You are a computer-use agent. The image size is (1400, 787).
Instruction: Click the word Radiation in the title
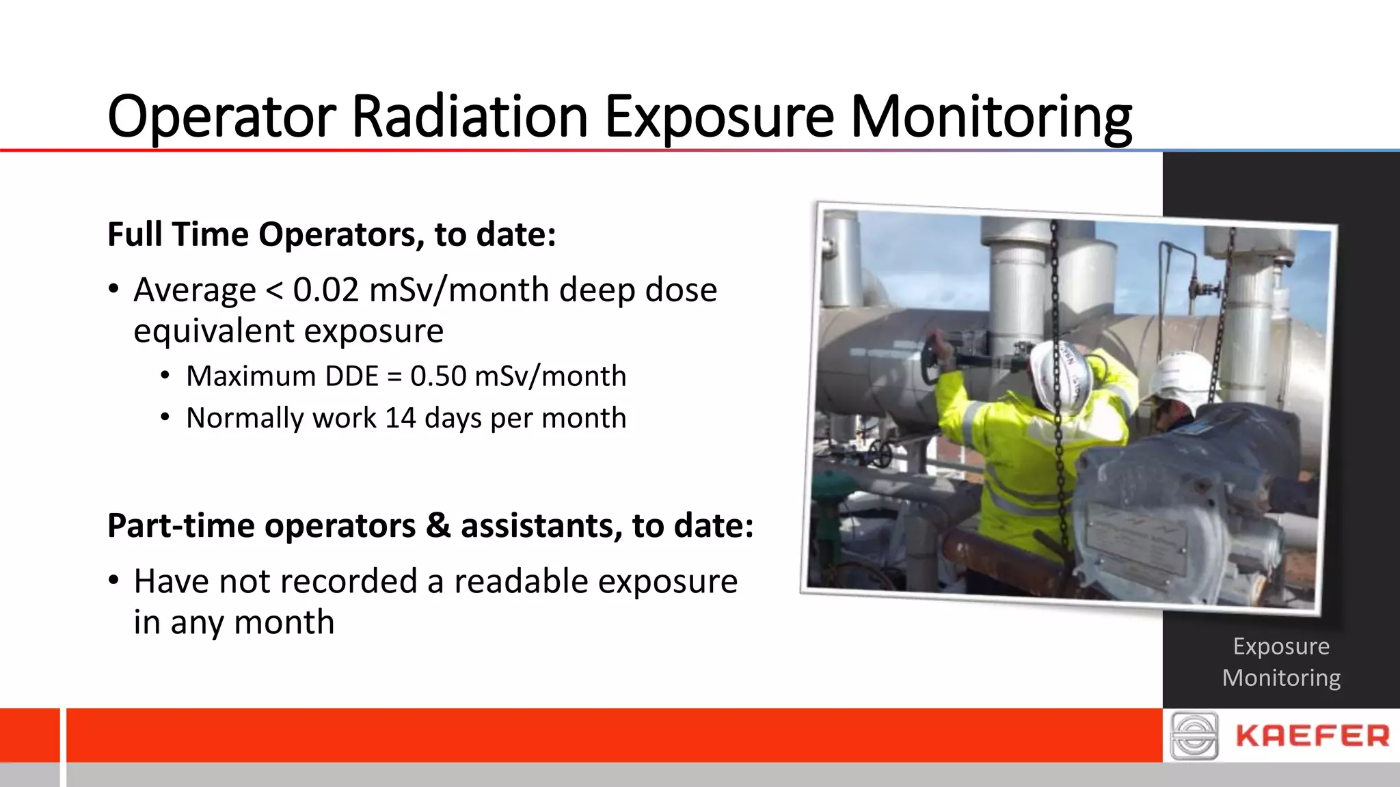tap(469, 116)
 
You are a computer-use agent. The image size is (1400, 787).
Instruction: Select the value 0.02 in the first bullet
tap(325, 290)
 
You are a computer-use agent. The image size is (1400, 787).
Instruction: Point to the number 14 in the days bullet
tap(400, 418)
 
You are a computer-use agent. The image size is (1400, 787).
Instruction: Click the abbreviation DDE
tap(351, 376)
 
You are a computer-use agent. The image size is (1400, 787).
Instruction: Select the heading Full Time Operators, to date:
tap(332, 234)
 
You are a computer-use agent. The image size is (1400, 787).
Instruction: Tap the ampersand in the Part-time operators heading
tap(437, 526)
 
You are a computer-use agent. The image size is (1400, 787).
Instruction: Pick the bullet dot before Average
tap(113, 289)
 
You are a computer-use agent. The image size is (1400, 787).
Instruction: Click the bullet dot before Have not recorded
tap(113, 581)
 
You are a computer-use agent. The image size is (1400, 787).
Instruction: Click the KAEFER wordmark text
tap(1312, 736)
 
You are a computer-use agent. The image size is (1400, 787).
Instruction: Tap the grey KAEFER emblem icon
tap(1194, 736)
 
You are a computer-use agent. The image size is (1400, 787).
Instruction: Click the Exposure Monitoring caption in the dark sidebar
tap(1281, 661)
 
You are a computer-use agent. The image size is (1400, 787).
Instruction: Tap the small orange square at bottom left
tap(29, 735)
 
